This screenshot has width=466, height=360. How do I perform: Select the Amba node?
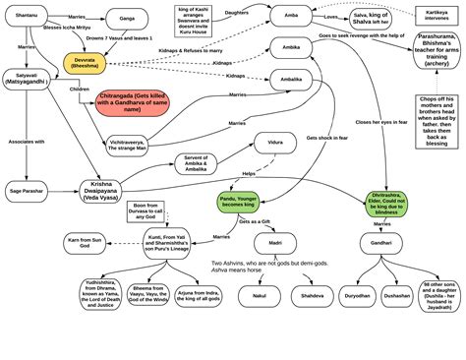coord(292,18)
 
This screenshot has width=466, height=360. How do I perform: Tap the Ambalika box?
coord(292,81)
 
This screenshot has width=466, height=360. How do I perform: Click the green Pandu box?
coord(244,204)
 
